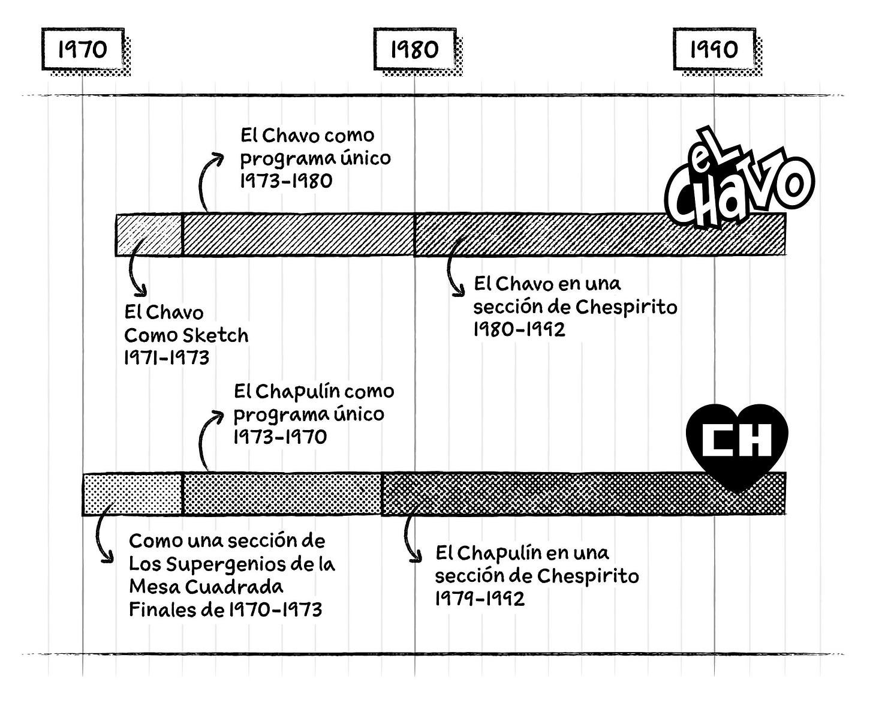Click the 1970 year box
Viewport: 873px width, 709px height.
point(83,49)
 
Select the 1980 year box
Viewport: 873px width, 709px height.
point(415,49)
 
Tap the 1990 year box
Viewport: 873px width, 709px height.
point(714,49)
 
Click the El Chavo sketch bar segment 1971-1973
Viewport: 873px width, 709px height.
point(149,235)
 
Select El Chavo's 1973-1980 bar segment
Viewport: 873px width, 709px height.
point(298,235)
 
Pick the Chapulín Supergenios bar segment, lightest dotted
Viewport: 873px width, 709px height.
point(132,494)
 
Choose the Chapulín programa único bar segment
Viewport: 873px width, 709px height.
point(282,494)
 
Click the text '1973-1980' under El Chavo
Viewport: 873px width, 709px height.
point(286,181)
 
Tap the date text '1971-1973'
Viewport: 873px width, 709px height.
point(167,357)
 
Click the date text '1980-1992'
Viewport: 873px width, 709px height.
point(519,329)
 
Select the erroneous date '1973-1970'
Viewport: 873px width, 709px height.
point(280,437)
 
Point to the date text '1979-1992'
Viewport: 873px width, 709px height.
point(480,598)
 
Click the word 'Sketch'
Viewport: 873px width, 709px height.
point(216,335)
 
